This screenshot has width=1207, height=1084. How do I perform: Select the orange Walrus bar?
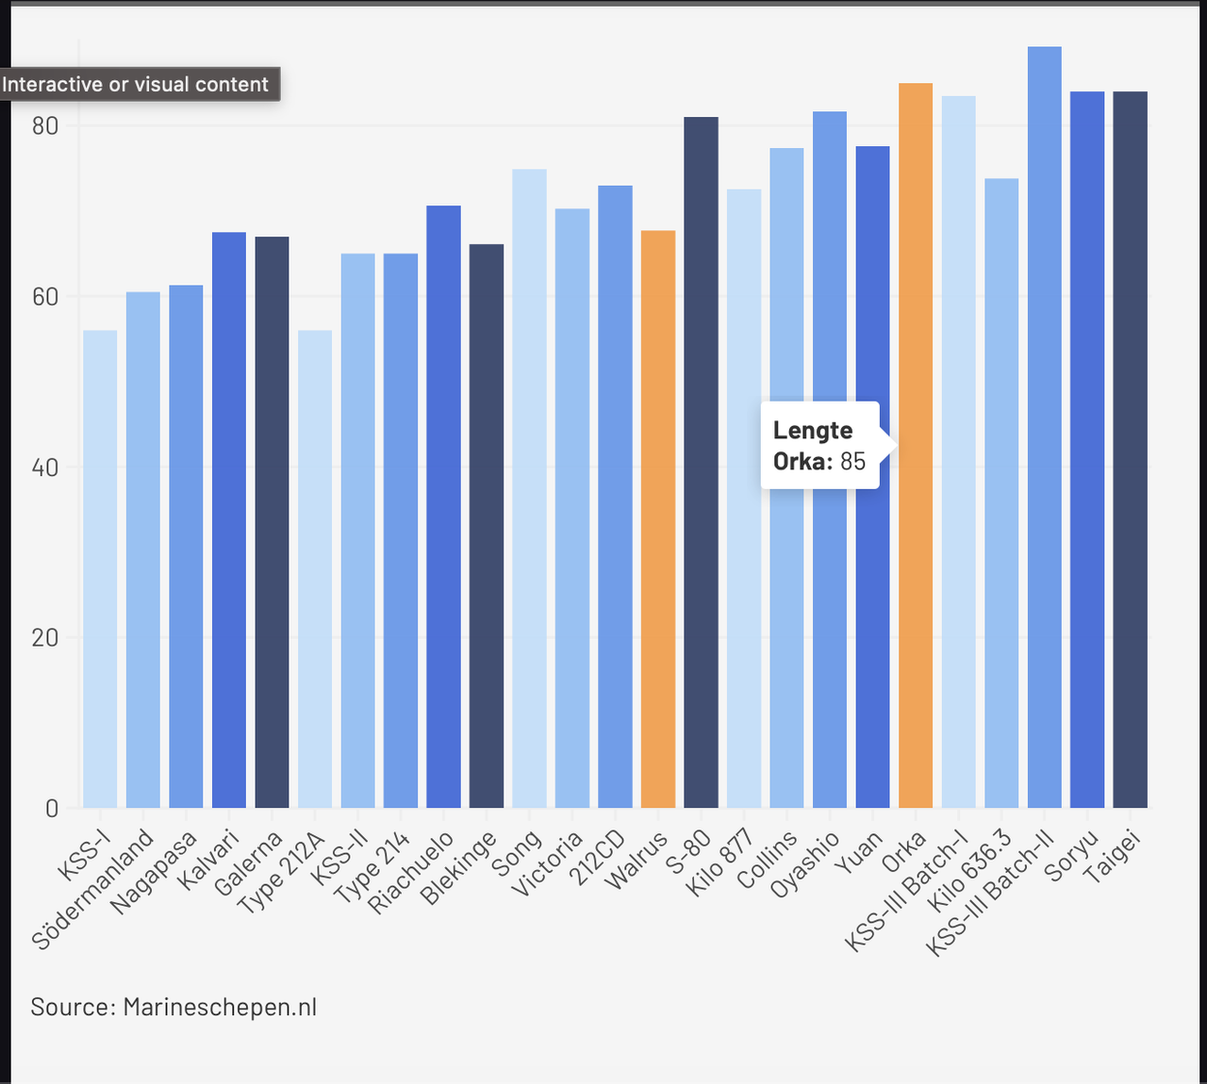(658, 518)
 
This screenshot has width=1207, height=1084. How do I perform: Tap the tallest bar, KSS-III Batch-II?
(1044, 424)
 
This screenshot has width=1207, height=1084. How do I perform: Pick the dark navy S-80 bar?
(701, 462)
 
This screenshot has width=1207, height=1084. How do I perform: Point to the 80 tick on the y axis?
(45, 125)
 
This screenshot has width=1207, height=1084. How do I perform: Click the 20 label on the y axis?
(45, 637)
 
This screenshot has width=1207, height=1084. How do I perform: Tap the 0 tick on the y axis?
(52, 808)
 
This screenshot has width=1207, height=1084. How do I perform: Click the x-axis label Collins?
(769, 859)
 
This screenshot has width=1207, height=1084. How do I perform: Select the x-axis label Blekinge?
(459, 868)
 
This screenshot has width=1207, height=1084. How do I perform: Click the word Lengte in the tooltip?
(813, 430)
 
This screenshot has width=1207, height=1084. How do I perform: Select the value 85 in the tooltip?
(852, 461)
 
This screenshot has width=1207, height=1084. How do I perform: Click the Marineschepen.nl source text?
(220, 1007)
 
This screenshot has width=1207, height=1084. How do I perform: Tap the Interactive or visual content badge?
(136, 84)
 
